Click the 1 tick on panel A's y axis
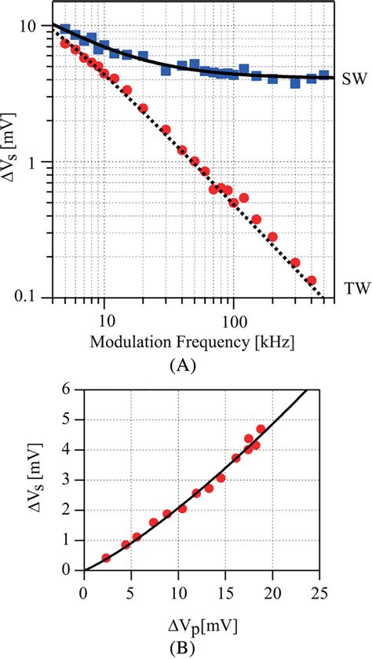41,163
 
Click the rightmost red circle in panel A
311,280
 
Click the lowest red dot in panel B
106,558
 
